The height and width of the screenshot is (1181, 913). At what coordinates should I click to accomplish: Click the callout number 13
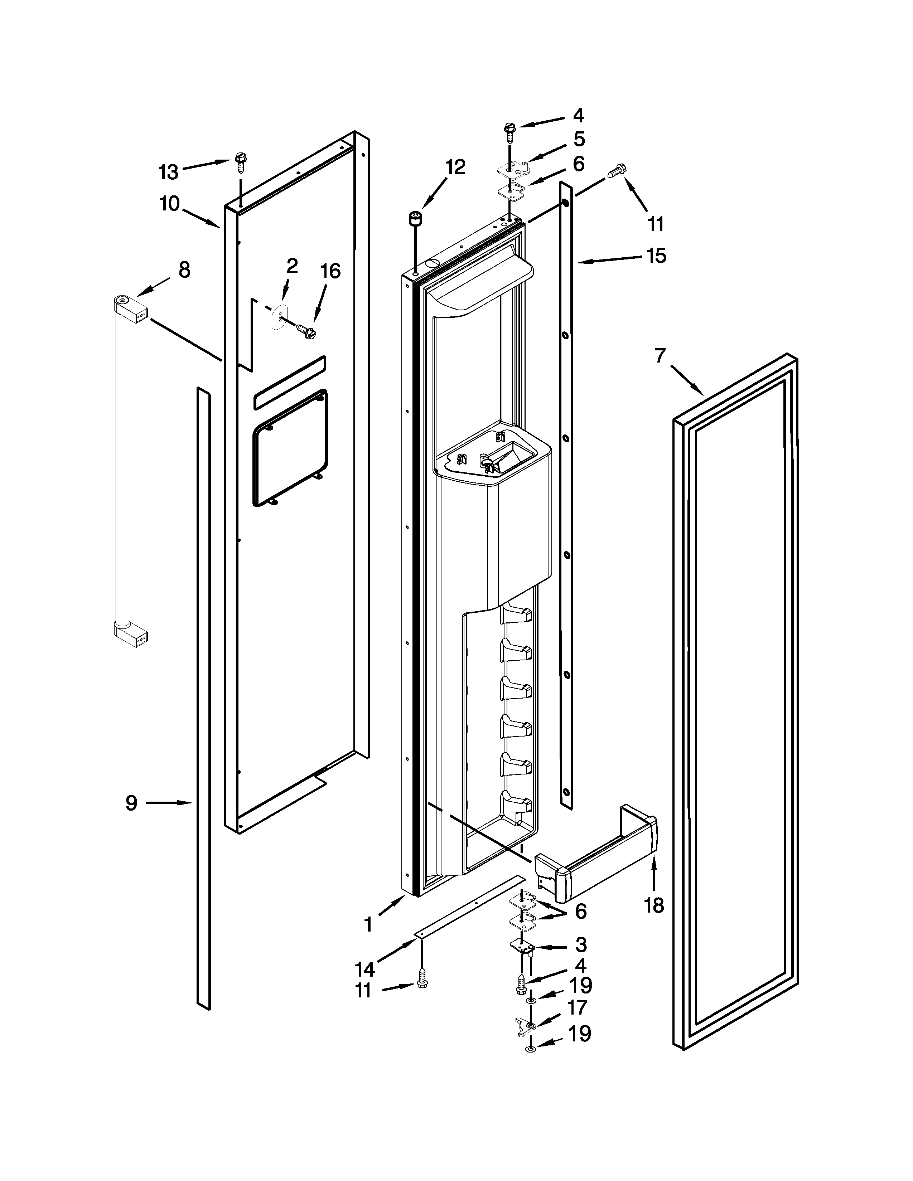click(168, 172)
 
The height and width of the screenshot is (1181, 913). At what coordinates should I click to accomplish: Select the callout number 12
click(455, 167)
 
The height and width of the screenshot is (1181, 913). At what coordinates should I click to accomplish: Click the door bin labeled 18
click(595, 860)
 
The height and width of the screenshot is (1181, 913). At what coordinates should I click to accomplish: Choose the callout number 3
click(581, 945)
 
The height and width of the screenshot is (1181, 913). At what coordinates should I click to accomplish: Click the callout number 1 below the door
click(368, 925)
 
